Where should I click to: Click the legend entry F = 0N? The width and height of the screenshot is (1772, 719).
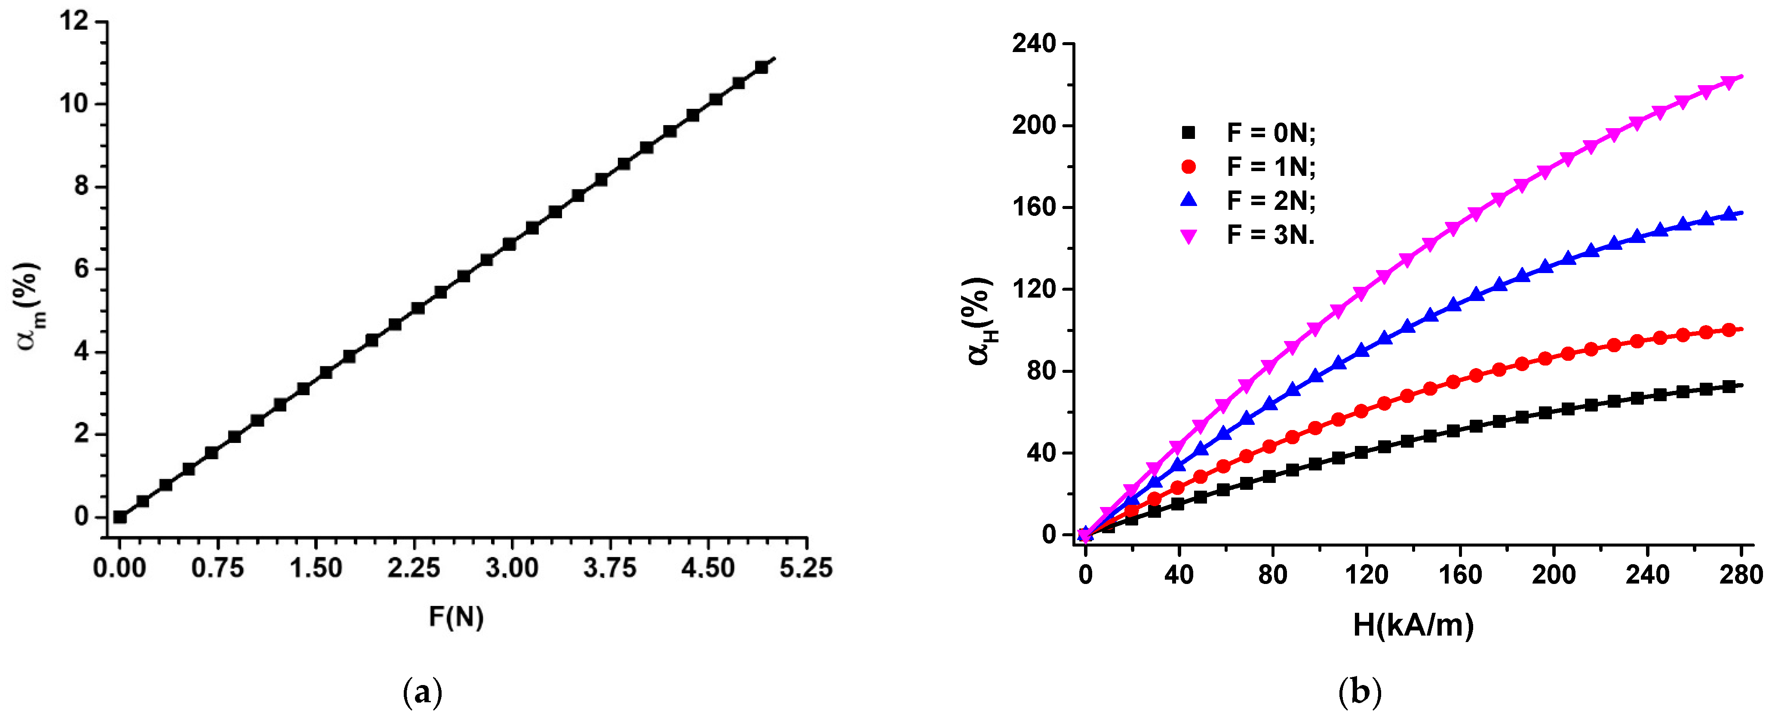(x=1270, y=133)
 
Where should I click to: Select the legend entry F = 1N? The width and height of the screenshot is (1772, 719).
(x=1270, y=166)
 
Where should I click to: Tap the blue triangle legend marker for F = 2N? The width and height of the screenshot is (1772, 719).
(x=1188, y=200)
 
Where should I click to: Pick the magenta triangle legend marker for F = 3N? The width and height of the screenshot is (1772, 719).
(x=1188, y=236)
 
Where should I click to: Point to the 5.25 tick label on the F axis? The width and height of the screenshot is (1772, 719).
(x=805, y=568)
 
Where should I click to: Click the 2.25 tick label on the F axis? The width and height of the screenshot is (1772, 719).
(x=413, y=568)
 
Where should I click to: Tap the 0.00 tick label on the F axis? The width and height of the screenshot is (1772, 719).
(x=120, y=568)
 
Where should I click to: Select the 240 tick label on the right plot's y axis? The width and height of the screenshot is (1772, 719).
(x=1033, y=44)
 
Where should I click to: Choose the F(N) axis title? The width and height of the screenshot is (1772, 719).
(x=456, y=617)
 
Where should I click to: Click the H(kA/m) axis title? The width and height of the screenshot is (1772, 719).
(x=1413, y=625)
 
